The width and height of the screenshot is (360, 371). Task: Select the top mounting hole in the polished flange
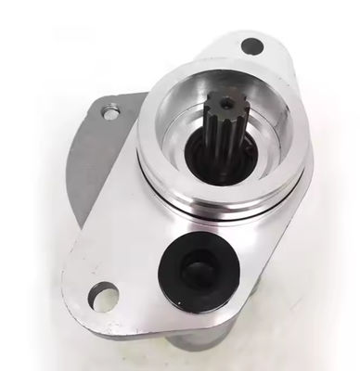(251, 45)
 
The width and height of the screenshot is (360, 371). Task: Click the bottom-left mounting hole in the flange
(104, 298)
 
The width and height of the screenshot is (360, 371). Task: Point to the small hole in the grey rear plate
(111, 114)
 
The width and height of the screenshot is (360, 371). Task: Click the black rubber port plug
(199, 270)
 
